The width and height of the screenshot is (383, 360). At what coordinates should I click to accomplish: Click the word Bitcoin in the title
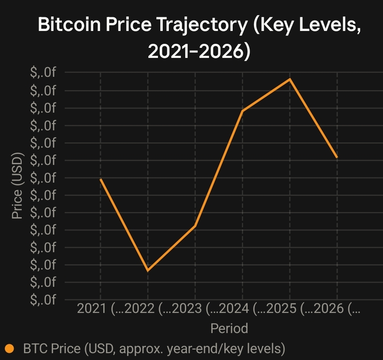70,24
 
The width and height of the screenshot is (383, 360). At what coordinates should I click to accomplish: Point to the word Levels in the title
330,25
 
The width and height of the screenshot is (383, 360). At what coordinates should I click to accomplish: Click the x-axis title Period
229,328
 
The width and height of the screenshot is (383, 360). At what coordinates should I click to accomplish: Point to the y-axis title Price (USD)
17,185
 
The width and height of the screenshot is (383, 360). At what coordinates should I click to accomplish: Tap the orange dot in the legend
10,348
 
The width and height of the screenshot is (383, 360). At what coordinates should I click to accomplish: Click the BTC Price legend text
154,348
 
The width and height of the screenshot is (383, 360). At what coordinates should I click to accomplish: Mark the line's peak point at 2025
290,79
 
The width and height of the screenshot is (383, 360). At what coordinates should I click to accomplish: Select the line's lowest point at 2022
148,271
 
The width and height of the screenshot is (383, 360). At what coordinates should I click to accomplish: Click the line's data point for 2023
195,226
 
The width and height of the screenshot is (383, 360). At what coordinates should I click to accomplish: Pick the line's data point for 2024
243,111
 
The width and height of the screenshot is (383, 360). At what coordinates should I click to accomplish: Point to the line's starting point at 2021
100,179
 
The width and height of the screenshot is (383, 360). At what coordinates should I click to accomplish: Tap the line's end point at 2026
337,158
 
